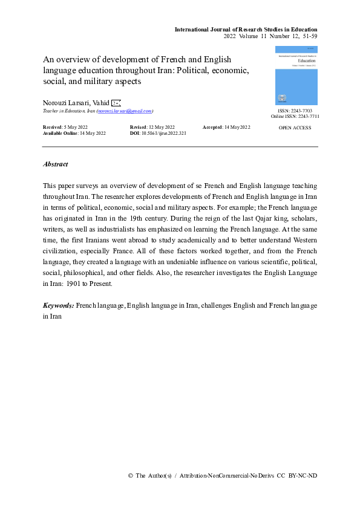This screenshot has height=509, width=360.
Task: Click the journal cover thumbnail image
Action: point(296,75)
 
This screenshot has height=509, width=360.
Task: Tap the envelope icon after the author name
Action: point(117,103)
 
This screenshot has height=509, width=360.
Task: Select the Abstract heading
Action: point(56,164)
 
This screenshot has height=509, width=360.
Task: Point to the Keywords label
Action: point(58,306)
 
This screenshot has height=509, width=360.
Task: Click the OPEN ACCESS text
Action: point(295,128)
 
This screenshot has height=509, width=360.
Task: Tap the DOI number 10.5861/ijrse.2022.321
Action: point(163,132)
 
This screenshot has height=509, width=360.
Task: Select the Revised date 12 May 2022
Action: point(160,127)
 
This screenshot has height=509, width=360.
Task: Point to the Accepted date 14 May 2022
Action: point(237,127)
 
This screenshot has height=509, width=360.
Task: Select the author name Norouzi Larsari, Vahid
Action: point(76,103)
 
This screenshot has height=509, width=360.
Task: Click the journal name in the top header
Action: point(246,29)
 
